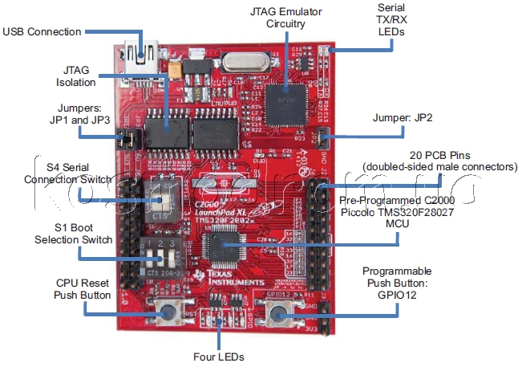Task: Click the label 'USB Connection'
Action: point(42,31)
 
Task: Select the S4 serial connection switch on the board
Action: point(160,194)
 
